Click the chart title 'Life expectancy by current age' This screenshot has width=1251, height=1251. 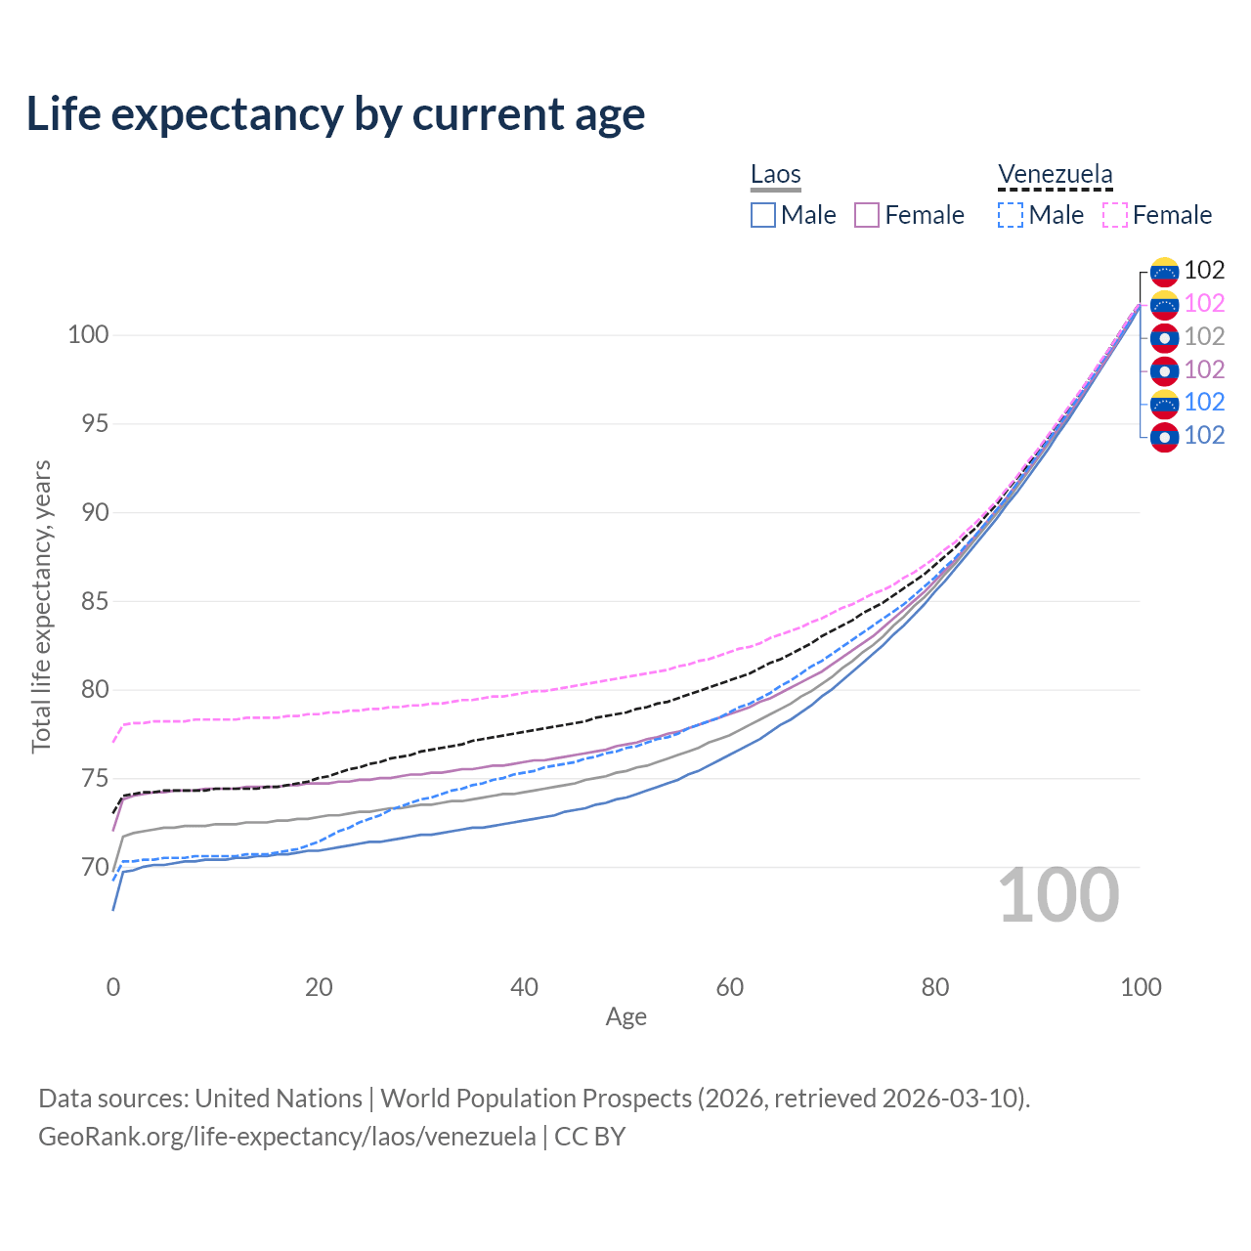(x=335, y=114)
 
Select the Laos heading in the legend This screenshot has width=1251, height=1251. (x=775, y=175)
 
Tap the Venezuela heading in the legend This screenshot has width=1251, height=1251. (x=1055, y=175)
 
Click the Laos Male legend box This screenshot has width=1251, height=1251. (x=763, y=215)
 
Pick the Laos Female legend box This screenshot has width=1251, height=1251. (x=867, y=215)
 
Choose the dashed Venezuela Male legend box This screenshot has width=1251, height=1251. (x=1011, y=215)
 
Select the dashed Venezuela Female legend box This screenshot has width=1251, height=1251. (x=1115, y=215)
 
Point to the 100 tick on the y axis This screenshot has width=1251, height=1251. (x=87, y=335)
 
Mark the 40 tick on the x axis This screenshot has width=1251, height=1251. (x=524, y=987)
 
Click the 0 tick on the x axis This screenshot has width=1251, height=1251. (x=113, y=987)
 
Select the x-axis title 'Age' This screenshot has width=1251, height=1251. (x=625, y=1017)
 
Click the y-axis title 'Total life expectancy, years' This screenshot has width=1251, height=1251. (x=41, y=606)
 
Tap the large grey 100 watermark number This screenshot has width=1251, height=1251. (x=1058, y=895)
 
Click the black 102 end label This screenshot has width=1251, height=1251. (x=1204, y=271)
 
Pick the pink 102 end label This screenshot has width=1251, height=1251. (x=1204, y=304)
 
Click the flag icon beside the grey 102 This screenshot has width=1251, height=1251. (x=1164, y=337)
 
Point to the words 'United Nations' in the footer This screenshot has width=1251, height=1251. (x=278, y=1099)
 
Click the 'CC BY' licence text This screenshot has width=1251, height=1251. (x=589, y=1137)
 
